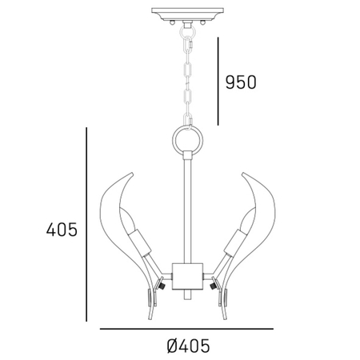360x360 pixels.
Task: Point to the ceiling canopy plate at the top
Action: pyautogui.click(x=180, y=14)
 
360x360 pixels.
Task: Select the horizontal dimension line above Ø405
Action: pyautogui.click(x=186, y=329)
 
